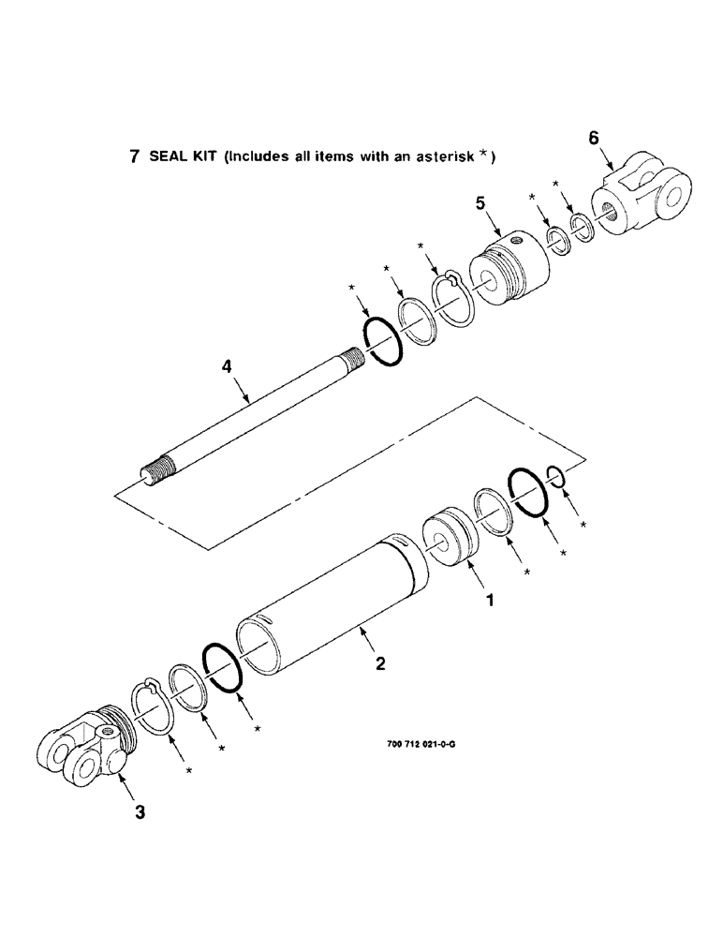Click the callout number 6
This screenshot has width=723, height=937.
tap(593, 139)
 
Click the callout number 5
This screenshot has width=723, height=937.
tap(480, 201)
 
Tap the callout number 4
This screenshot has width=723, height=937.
tap(227, 368)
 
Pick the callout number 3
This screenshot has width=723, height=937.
tap(140, 812)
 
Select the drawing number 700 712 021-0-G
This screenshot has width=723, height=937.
tap(420, 745)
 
